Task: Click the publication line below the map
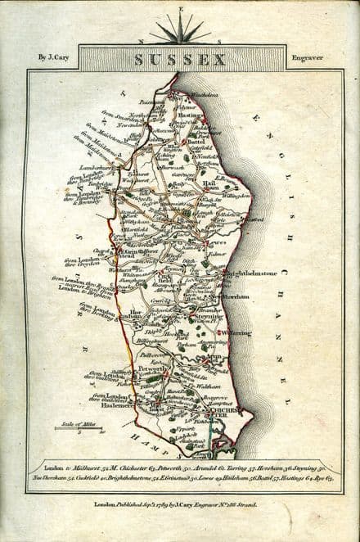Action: [x=179, y=508]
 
